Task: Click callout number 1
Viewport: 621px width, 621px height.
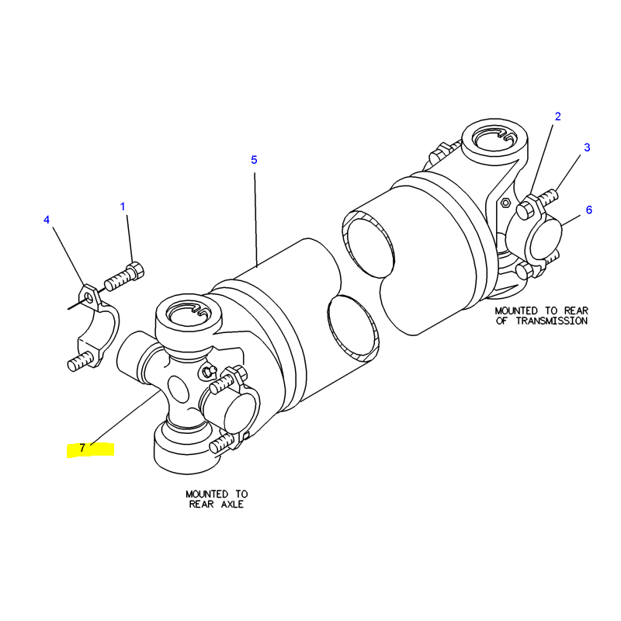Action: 122,206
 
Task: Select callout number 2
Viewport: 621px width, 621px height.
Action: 557,117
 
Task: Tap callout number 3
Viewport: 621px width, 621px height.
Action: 587,147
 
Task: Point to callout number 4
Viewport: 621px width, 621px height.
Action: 47,220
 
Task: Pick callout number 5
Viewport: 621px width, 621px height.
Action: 254,160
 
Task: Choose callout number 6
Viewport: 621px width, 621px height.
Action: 588,210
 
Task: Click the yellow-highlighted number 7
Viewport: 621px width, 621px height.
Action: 82,448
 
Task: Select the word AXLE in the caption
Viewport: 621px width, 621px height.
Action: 230,505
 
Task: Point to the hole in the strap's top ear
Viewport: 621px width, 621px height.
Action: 91,296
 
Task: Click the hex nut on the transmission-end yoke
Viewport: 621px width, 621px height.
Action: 503,203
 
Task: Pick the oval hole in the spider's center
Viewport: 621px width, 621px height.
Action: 176,386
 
